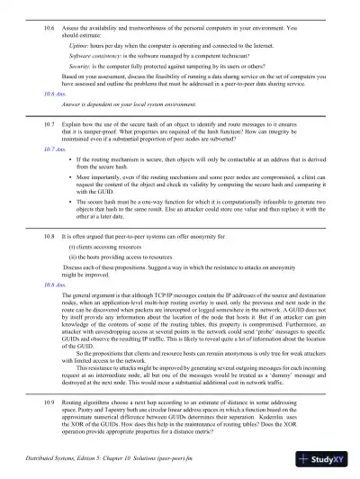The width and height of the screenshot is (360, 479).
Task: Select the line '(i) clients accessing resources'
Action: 107,245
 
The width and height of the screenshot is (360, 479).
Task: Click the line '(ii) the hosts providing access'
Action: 118,257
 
